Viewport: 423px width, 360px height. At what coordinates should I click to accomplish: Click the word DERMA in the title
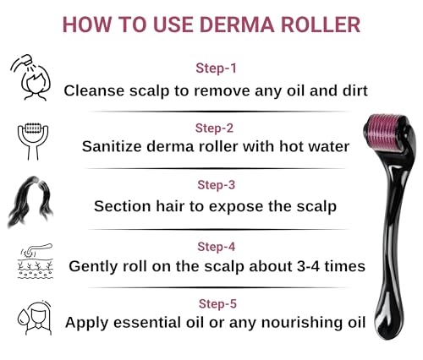coord(237,25)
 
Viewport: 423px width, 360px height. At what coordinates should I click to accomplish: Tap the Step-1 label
coord(216,68)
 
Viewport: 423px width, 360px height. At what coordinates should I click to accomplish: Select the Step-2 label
coord(214,128)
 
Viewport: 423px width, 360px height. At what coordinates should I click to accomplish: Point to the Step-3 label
coord(216,185)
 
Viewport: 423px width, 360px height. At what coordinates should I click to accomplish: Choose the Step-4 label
coord(216,247)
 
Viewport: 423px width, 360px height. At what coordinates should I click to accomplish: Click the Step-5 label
coord(217,303)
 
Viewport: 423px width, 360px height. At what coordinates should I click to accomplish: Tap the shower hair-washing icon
coord(30,78)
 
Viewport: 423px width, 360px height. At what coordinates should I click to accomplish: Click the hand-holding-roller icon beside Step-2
coord(33,142)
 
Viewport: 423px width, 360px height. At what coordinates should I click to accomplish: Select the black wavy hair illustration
coord(30,202)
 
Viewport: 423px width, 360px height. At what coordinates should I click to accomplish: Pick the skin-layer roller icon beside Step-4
coord(35,261)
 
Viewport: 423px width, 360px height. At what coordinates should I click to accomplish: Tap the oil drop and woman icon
coord(35,318)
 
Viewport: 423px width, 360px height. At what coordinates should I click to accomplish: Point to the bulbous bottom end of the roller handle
coord(388,324)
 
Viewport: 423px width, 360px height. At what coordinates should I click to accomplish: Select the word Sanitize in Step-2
coord(112,146)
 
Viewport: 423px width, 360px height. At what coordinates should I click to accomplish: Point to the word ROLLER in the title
coord(321,25)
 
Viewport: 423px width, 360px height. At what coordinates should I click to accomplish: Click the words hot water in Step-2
coord(314,146)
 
